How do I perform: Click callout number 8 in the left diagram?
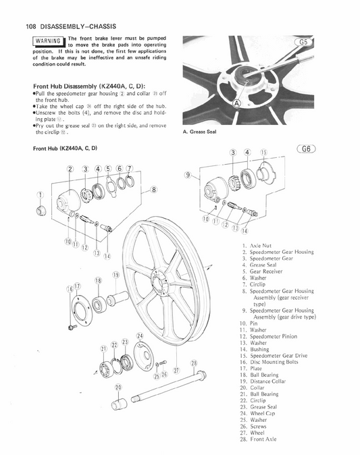[x=154, y=190]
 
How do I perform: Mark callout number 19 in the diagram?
[x=116, y=275]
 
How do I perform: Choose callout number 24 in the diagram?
[x=140, y=336]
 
